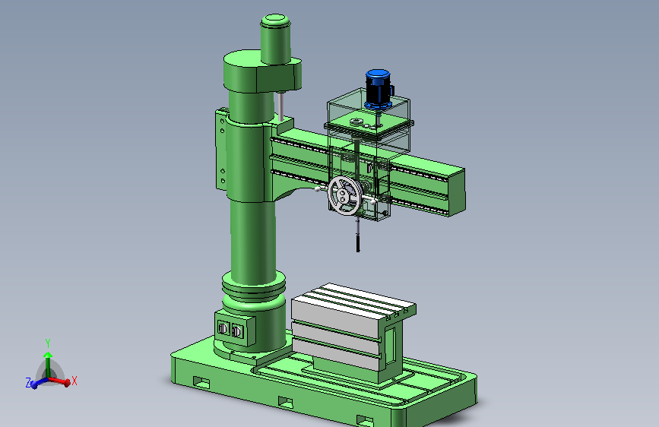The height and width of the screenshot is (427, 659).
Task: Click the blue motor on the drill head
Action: (379, 89)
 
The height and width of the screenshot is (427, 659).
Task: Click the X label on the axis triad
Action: (74, 381)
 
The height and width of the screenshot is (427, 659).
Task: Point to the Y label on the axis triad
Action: (48, 343)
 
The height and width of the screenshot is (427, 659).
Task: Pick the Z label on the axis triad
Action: (29, 383)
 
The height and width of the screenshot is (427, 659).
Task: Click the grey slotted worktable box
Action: (353, 332)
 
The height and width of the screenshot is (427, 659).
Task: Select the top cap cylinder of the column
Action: (275, 39)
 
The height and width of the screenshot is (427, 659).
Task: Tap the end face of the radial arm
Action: (457, 191)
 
